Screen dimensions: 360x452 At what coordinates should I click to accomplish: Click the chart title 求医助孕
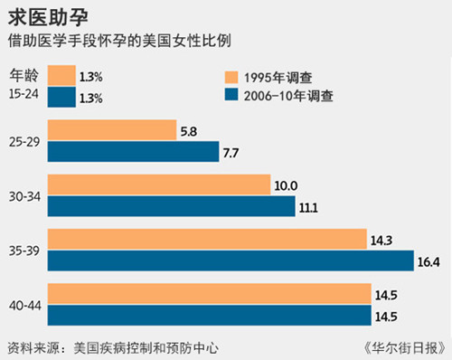click(x=42, y=16)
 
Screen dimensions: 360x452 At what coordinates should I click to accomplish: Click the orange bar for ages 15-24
click(x=61, y=76)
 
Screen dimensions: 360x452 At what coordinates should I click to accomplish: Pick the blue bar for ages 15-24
click(x=61, y=97)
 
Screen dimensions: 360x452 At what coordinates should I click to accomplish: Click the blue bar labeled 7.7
click(x=133, y=152)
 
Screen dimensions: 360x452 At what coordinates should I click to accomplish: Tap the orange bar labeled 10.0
click(x=159, y=185)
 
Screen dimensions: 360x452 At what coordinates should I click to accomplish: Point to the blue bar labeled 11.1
click(x=171, y=206)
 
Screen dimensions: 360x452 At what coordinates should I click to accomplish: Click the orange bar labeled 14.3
click(x=207, y=240)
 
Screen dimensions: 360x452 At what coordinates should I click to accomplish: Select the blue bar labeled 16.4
click(x=231, y=261)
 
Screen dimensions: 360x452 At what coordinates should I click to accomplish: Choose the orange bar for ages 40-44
click(x=209, y=295)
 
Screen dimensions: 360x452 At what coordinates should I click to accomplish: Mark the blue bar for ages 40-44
click(x=209, y=316)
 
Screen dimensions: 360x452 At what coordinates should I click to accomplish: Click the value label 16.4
click(x=429, y=262)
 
